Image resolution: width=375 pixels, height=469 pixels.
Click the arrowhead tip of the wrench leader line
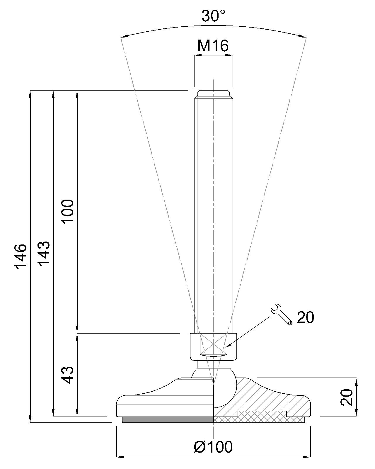[x=227, y=347]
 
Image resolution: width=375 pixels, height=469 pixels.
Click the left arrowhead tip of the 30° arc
[x=120, y=38]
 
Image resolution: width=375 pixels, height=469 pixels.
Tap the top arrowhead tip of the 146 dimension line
[x=30, y=90]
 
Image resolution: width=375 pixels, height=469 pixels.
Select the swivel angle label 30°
[x=213, y=16]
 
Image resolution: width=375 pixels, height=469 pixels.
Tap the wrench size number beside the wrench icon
[x=306, y=317]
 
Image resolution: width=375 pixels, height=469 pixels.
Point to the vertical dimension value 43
[x=68, y=375]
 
